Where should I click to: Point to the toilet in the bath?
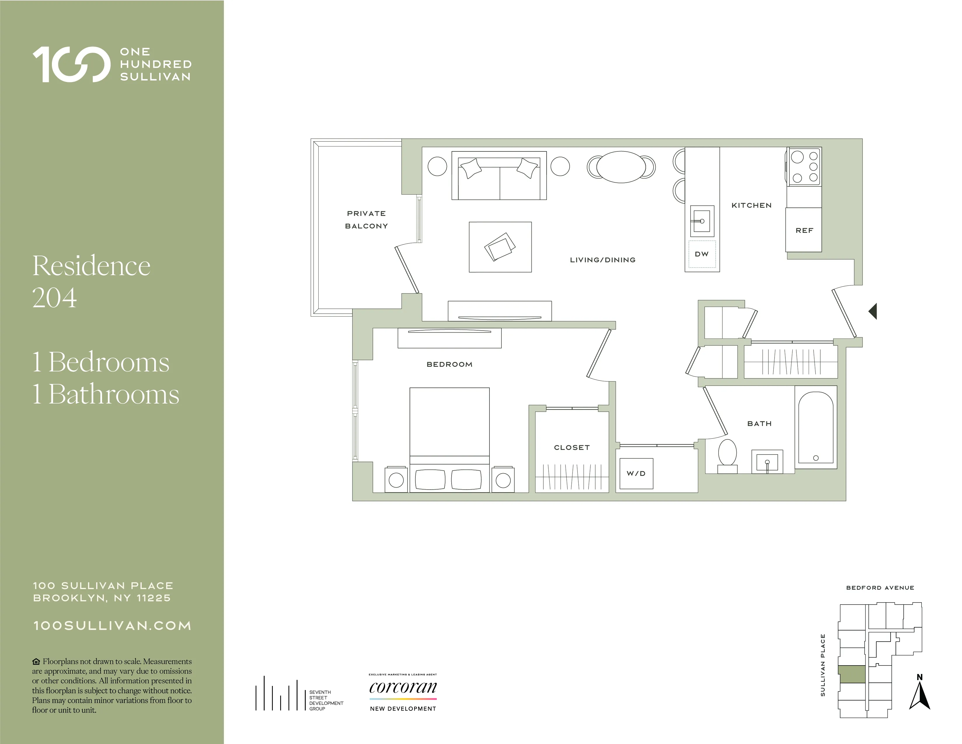pyautogui.click(x=727, y=454)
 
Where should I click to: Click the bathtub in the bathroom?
pyautogui.click(x=815, y=427)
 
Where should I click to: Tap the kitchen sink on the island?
pyautogui.click(x=702, y=221)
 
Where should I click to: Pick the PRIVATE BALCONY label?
pyautogui.click(x=366, y=219)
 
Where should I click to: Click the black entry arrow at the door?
pyautogui.click(x=873, y=311)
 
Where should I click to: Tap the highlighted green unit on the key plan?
pyautogui.click(x=852, y=674)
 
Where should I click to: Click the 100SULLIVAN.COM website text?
pyautogui.click(x=112, y=626)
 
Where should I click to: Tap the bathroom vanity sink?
pyautogui.click(x=767, y=462)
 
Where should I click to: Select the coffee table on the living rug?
pyautogui.click(x=500, y=247)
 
